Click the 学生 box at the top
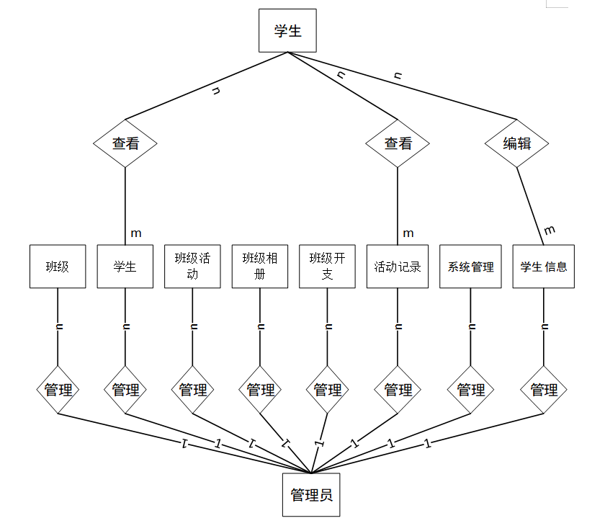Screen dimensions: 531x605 click(x=287, y=31)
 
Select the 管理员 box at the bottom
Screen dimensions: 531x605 click(x=310, y=495)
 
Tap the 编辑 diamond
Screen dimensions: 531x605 click(x=516, y=143)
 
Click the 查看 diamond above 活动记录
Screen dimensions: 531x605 click(x=398, y=143)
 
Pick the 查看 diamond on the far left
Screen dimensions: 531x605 click(x=125, y=143)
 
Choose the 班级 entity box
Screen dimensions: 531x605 click(x=58, y=267)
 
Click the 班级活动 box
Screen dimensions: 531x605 click(x=192, y=267)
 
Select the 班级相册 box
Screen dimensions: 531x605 click(x=260, y=267)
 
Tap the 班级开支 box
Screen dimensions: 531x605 click(x=328, y=267)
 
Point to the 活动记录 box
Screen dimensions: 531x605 click(x=398, y=267)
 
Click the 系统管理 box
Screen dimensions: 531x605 click(x=471, y=267)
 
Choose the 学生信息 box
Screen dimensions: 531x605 click(x=544, y=267)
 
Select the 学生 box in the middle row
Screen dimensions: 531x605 click(x=125, y=267)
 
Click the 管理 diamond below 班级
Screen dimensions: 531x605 click(x=58, y=390)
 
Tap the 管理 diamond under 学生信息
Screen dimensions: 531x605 click(x=544, y=390)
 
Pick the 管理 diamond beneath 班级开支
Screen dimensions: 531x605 click(x=328, y=390)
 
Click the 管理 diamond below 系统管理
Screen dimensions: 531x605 click(x=471, y=390)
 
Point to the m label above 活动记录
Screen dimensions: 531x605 click(x=408, y=233)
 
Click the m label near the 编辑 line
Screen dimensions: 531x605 click(x=550, y=230)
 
